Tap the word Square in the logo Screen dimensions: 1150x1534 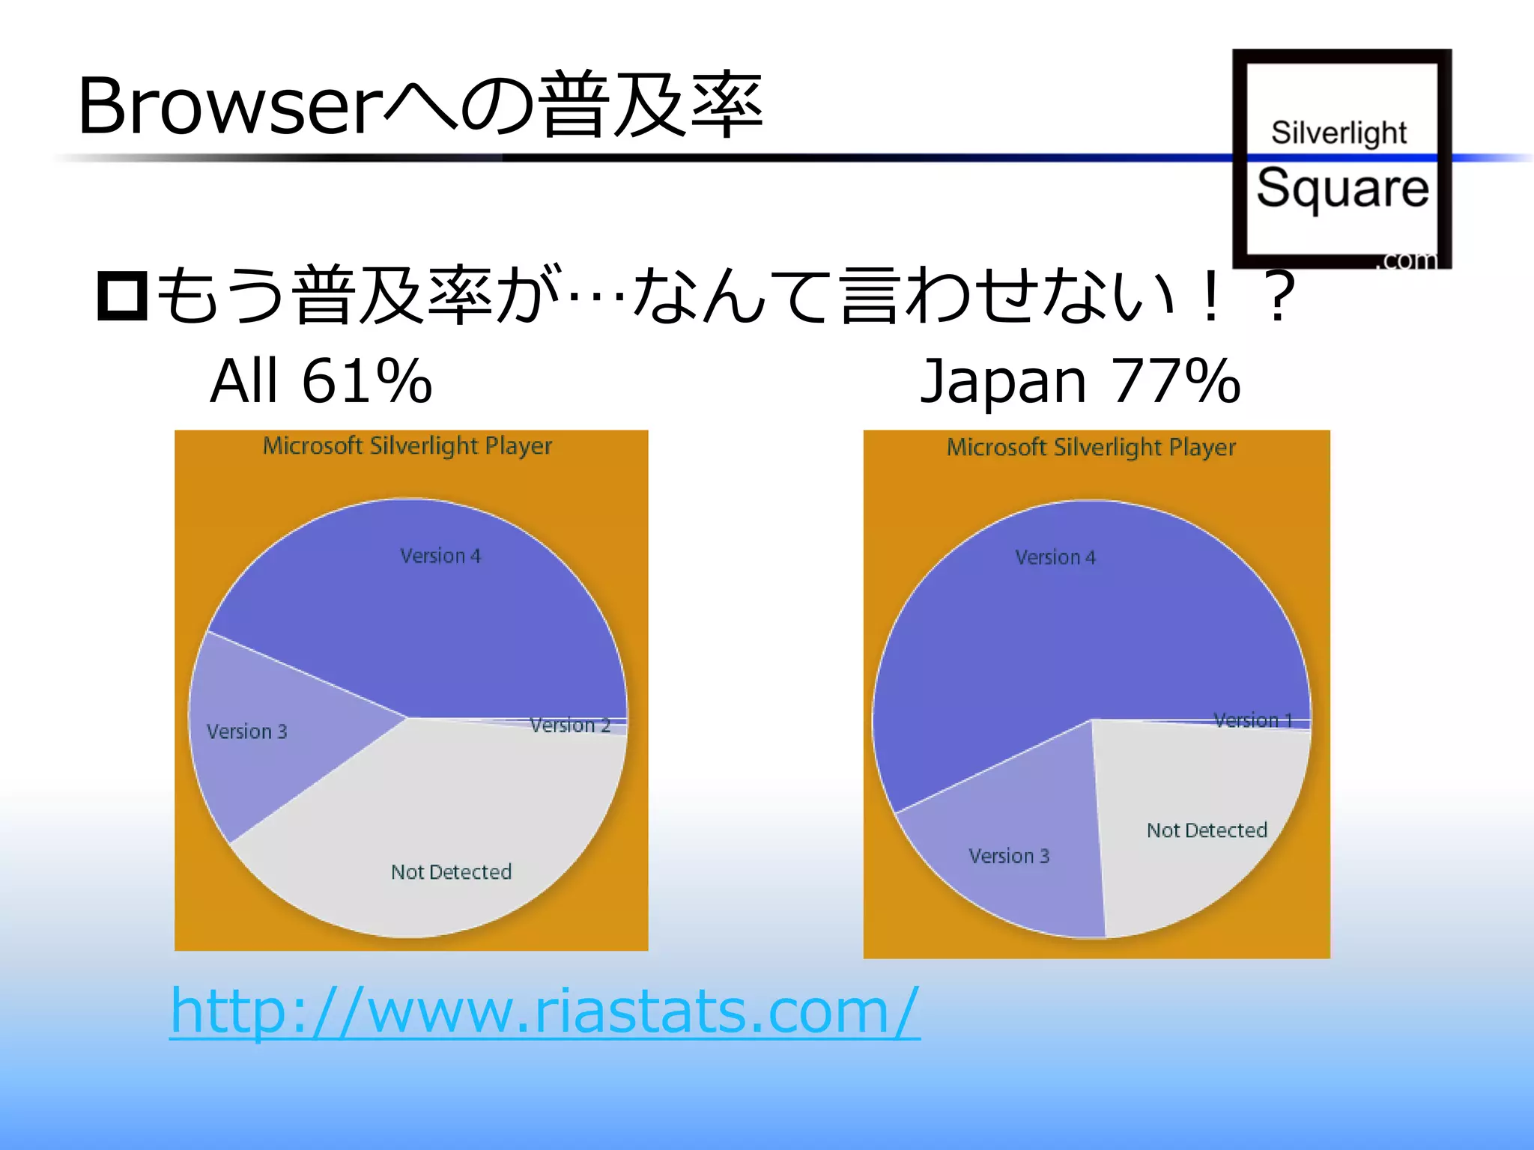1342,188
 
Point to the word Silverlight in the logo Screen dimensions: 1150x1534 1339,133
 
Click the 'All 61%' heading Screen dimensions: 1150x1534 321,381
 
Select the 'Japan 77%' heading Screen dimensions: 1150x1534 1079,381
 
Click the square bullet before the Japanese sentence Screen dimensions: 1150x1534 122,297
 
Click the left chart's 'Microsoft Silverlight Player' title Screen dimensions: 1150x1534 407,446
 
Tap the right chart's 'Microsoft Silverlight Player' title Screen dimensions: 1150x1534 1091,448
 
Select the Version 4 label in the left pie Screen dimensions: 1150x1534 440,556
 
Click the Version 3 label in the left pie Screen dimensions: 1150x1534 247,731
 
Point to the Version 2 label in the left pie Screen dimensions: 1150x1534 570,725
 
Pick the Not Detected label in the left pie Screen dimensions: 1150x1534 451,872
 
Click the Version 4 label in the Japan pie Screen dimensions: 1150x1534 1055,558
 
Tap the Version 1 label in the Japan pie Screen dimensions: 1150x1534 1253,720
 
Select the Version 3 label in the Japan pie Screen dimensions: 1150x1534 1009,856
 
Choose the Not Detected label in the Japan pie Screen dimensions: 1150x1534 1207,830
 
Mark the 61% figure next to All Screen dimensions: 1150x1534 367,381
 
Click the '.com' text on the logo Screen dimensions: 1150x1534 1408,260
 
